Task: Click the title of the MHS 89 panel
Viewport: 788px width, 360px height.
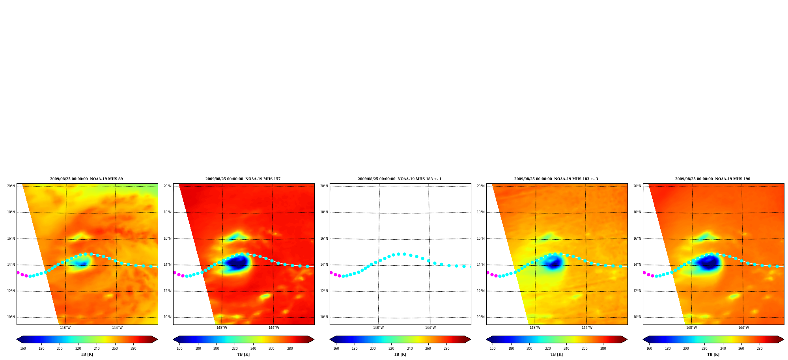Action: point(86,179)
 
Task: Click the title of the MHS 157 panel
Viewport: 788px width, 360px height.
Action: point(243,179)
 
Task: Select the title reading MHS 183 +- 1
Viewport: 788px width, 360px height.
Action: point(400,179)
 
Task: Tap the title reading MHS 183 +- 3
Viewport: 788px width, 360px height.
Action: point(556,179)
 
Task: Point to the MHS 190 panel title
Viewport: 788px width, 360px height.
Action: point(713,179)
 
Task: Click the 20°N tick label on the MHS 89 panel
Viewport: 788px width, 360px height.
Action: point(11,186)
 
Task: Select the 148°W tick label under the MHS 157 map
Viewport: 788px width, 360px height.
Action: point(222,328)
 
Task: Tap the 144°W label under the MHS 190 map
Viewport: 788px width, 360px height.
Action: point(743,328)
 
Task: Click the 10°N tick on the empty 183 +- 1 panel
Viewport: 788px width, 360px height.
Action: point(324,317)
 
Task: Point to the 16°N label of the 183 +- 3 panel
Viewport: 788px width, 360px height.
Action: point(480,239)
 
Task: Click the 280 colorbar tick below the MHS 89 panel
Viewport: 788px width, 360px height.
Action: point(133,349)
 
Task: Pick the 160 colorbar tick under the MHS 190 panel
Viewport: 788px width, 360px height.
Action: point(649,349)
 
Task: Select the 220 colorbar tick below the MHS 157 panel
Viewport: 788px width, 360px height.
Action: point(235,349)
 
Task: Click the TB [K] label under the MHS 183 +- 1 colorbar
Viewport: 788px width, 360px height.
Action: point(400,354)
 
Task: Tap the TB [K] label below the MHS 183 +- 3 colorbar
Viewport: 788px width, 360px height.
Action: point(556,354)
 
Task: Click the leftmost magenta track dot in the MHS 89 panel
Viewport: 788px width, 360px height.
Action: point(18,272)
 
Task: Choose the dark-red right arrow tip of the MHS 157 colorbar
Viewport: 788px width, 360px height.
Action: point(314,339)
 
